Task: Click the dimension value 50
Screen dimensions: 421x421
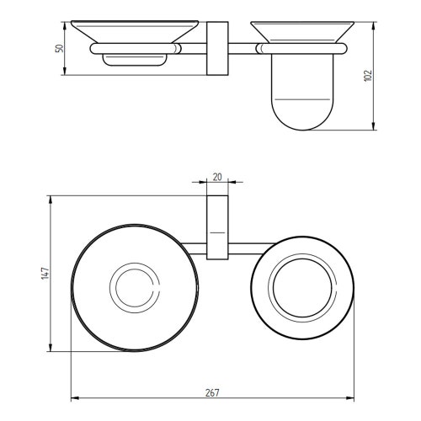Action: point(60,48)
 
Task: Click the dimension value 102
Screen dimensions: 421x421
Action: point(368,76)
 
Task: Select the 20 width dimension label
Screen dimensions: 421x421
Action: point(217,177)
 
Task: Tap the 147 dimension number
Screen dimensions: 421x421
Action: point(45,273)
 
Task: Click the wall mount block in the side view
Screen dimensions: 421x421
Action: point(217,48)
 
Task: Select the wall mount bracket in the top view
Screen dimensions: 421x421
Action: point(217,227)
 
